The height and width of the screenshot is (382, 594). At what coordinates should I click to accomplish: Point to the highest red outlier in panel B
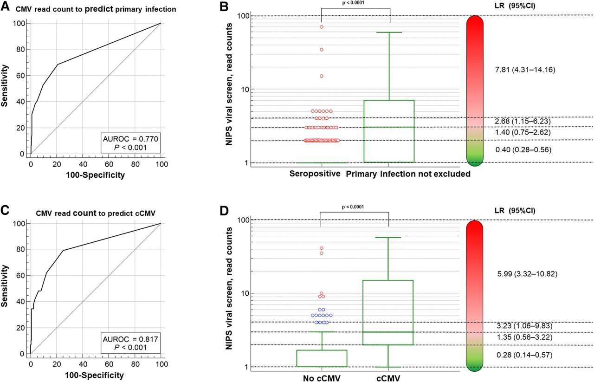coord(321,27)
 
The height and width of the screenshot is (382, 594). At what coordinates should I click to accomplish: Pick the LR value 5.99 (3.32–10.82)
coord(527,274)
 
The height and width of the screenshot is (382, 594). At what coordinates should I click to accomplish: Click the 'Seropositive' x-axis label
coord(315,174)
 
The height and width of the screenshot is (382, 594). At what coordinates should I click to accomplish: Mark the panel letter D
coord(224,211)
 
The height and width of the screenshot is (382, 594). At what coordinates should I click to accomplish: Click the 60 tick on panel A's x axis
coord(109,164)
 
